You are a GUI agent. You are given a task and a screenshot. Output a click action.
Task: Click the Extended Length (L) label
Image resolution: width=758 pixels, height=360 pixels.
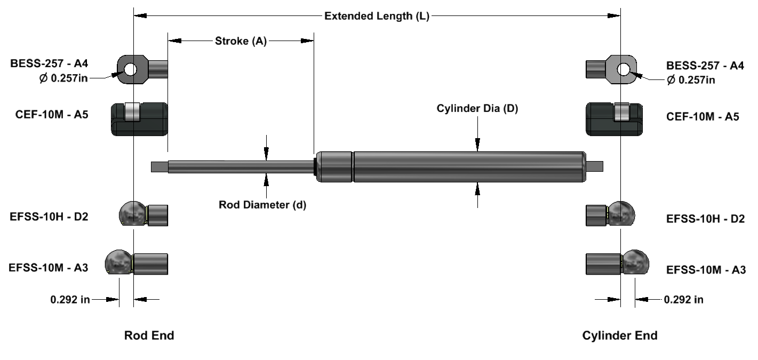(x=377, y=16)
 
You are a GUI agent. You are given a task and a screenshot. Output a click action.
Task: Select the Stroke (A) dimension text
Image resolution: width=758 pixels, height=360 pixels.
(x=241, y=41)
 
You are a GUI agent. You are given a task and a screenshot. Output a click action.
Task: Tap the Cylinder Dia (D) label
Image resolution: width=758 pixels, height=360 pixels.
(x=477, y=109)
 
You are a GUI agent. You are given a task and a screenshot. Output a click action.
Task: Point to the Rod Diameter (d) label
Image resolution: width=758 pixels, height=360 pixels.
(x=262, y=204)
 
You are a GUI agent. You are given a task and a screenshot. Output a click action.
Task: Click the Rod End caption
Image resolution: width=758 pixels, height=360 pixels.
(x=149, y=335)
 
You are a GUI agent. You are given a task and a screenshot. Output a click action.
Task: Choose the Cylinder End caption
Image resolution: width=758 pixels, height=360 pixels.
(x=619, y=335)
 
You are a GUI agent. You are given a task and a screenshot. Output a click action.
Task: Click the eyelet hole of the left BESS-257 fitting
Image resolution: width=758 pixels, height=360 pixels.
(x=130, y=69)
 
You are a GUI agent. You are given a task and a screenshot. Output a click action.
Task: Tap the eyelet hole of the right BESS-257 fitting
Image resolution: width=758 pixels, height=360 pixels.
(x=624, y=69)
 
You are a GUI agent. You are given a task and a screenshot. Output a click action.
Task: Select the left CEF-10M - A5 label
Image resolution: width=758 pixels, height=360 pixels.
(x=52, y=117)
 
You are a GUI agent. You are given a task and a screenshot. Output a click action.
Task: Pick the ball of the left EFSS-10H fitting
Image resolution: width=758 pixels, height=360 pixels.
(x=132, y=214)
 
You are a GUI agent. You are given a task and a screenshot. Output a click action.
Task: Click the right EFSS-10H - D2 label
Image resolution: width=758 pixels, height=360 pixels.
(x=705, y=218)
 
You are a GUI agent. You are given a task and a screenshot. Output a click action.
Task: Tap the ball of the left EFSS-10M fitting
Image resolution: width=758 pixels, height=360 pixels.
(x=118, y=262)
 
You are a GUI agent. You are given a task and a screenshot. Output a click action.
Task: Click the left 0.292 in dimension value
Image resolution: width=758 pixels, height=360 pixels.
(x=70, y=300)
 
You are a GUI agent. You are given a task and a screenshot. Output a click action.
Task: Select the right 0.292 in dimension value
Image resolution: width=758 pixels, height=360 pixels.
(x=683, y=299)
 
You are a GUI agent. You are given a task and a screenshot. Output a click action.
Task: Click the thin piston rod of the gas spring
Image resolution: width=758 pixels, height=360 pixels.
(x=240, y=166)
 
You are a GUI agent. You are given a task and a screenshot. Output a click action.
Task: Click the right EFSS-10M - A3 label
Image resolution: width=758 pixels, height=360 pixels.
(x=706, y=270)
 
